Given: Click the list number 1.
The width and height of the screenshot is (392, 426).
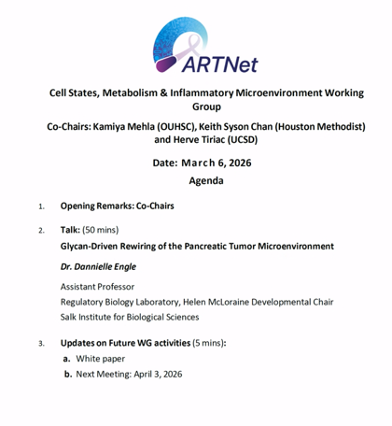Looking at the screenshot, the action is click(x=41, y=206).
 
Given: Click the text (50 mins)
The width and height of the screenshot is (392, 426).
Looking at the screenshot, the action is click(x=101, y=229).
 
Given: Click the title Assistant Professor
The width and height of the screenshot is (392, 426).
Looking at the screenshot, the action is click(x=97, y=287).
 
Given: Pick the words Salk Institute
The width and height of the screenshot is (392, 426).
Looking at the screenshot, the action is click(x=91, y=317).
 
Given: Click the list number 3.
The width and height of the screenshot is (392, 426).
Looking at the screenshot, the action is click(x=41, y=344).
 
